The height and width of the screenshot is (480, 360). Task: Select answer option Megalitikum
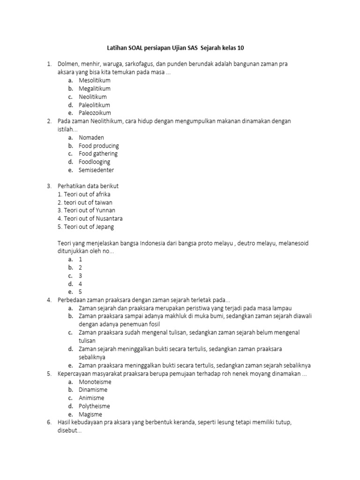click(x=94, y=88)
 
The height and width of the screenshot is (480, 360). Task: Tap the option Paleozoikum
click(x=95, y=113)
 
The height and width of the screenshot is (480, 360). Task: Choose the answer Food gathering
click(x=98, y=154)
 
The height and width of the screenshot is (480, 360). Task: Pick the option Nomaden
click(x=91, y=137)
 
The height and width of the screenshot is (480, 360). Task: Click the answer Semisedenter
click(x=96, y=170)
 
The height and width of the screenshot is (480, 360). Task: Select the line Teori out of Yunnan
click(x=86, y=210)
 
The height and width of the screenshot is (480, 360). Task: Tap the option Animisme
click(x=91, y=398)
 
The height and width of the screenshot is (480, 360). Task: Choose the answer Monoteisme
click(x=95, y=382)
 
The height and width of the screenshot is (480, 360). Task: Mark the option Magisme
click(x=90, y=414)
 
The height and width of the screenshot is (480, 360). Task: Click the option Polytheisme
click(x=94, y=406)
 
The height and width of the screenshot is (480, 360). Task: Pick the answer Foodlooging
click(x=94, y=162)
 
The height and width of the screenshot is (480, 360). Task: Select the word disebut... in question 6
click(x=69, y=431)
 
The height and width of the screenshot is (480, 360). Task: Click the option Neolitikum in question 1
click(x=93, y=97)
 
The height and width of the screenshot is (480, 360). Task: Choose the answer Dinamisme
click(x=93, y=390)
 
